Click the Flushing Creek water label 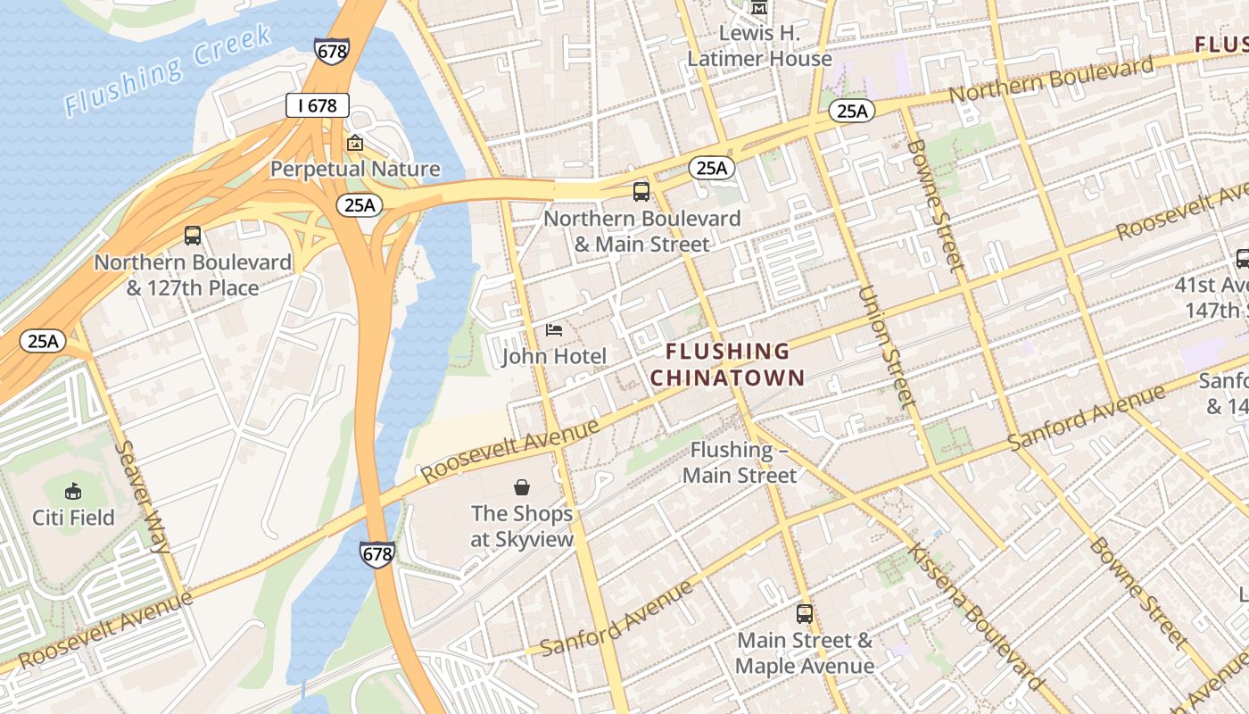coord(168,71)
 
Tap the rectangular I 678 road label coord(317,105)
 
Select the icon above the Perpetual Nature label coord(355,143)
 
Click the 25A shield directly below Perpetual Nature coord(360,205)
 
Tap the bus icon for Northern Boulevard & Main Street coord(641,191)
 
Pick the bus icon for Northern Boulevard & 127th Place coord(193,236)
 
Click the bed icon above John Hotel coord(554,330)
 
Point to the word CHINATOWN coord(727,378)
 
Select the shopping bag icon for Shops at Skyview coord(522,487)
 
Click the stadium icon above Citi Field coord(73,491)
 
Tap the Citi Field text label coord(73,518)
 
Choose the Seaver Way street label coord(143,496)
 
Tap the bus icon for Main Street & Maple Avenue coord(805,614)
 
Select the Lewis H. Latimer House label coord(759,46)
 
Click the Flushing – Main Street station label coord(740,462)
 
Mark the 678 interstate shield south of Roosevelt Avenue coord(377,553)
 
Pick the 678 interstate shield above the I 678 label coord(331,51)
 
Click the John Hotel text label coord(554,357)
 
